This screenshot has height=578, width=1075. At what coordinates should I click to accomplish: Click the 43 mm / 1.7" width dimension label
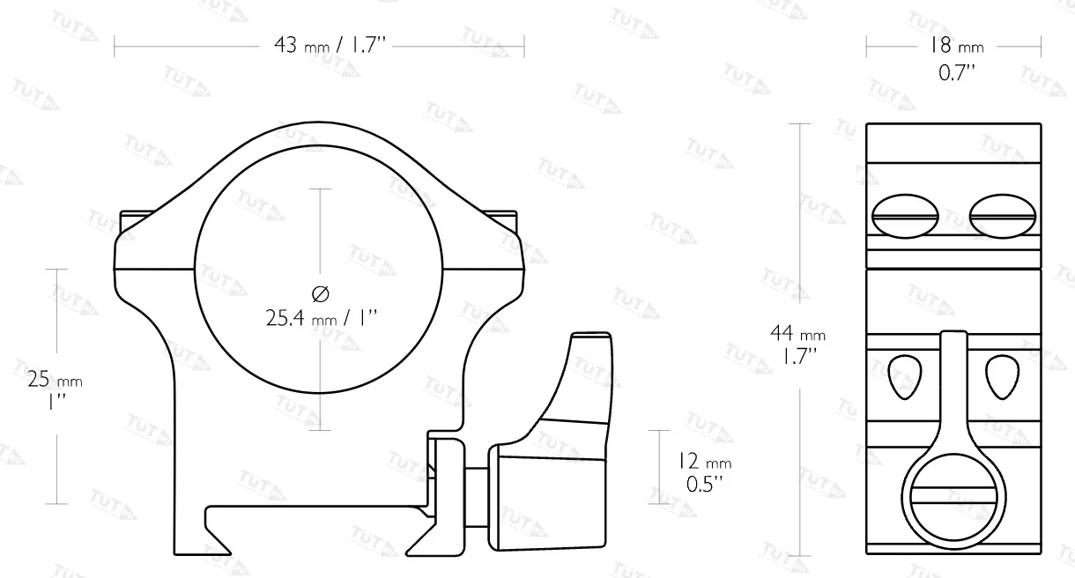330,46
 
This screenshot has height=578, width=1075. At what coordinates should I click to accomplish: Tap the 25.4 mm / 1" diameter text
322,318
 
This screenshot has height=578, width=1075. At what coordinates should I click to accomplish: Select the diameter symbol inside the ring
320,293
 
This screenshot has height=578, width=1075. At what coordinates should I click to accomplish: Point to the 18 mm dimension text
957,46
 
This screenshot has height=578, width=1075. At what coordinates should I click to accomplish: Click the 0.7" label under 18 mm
957,73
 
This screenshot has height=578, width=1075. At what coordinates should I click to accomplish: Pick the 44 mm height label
797,333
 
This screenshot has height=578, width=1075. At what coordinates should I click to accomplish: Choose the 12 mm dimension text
705,462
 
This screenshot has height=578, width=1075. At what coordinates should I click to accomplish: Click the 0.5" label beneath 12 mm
704,484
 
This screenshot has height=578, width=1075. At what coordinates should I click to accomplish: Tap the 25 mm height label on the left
55,380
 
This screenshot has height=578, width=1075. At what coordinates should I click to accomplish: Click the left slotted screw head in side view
905,216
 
